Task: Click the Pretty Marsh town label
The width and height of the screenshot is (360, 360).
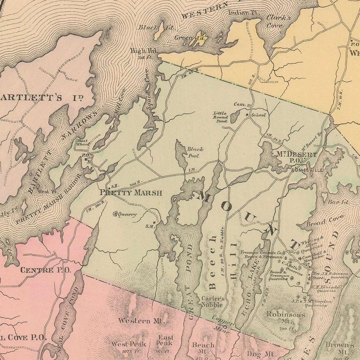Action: tap(131, 192)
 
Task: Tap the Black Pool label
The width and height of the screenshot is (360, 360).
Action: tap(195, 152)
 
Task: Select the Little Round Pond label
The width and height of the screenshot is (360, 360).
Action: tap(221, 117)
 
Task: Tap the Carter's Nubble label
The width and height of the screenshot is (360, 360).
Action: tap(213, 301)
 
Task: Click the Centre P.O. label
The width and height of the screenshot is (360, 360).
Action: tap(39, 270)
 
